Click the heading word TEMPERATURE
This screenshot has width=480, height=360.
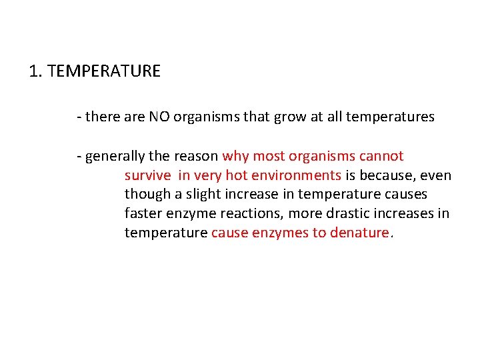point(104,71)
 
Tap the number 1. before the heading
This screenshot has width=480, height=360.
point(36,71)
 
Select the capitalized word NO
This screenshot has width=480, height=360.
point(159,117)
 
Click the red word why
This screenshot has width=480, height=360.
point(235,156)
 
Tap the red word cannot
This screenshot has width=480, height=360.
point(381,156)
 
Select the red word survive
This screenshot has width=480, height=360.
point(147,175)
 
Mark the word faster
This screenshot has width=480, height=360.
point(143,214)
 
